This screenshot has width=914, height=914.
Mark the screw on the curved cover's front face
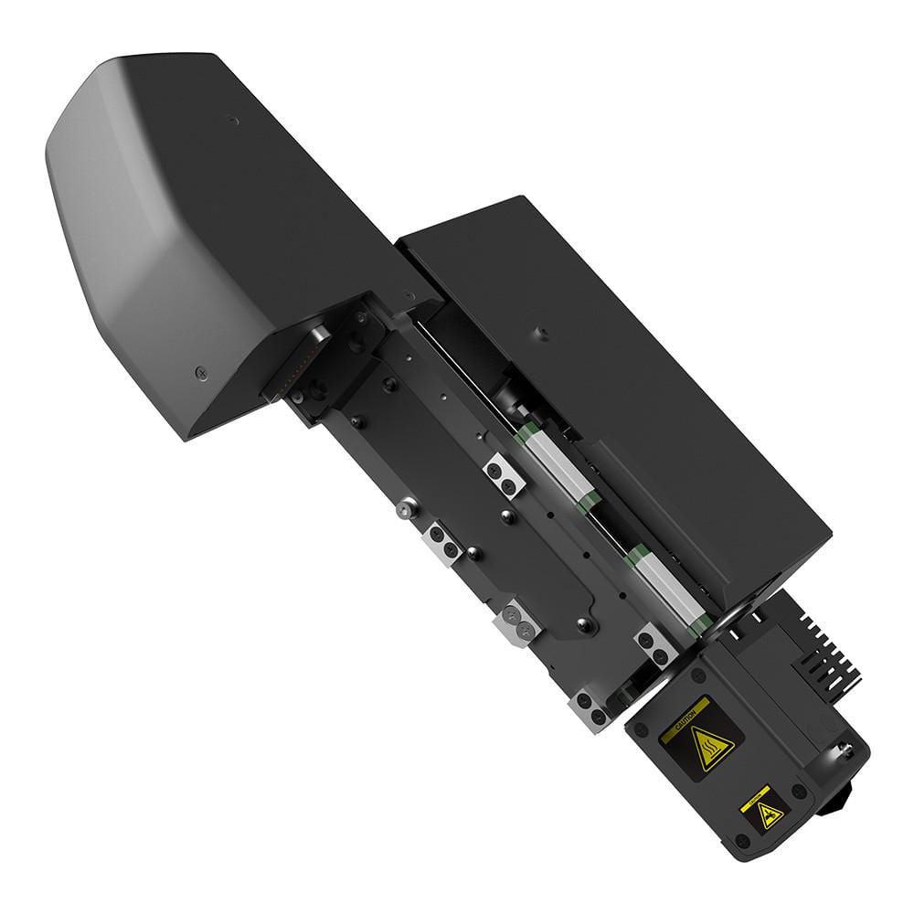201,373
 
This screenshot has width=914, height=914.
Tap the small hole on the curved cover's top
233,119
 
